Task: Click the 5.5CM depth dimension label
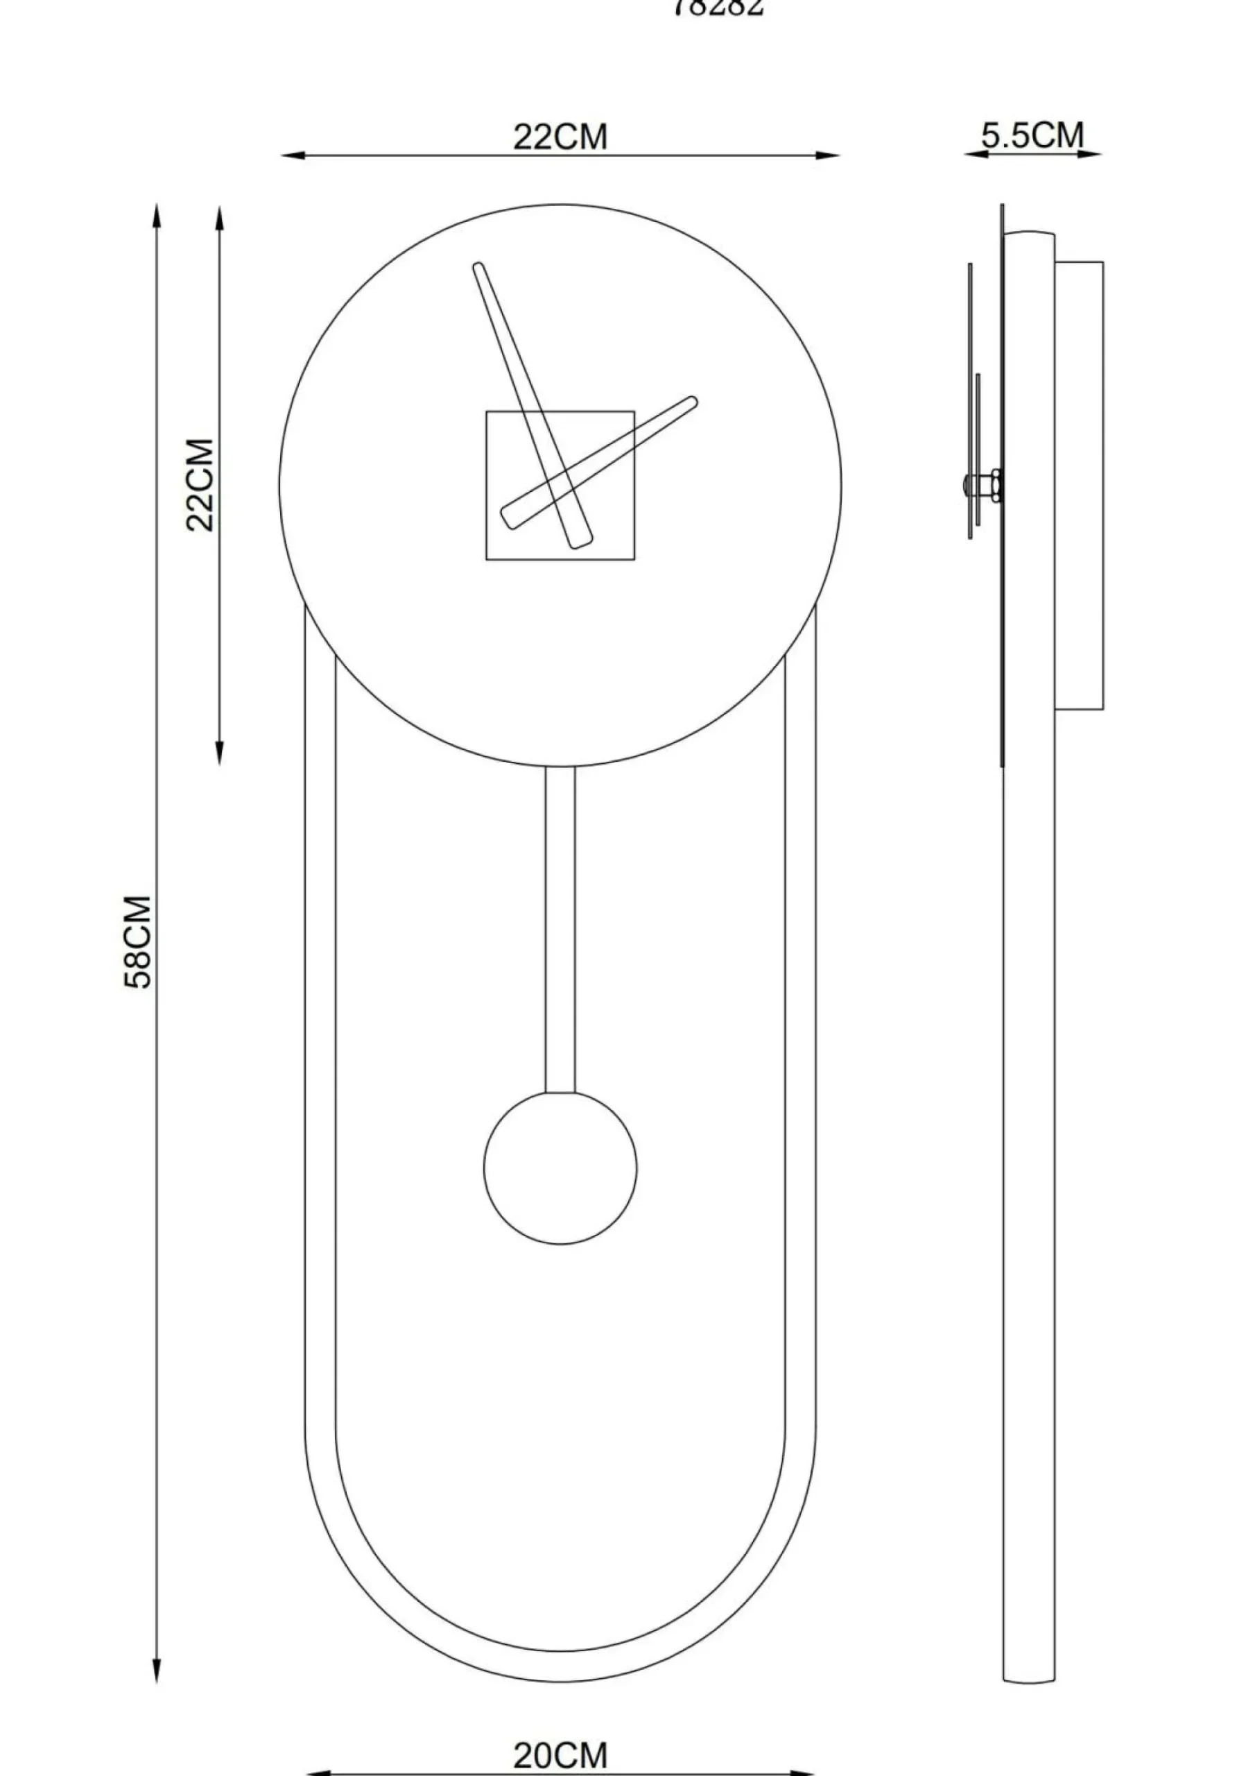1032,135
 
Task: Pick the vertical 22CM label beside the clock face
200,485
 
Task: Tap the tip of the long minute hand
478,268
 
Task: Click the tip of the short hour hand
692,402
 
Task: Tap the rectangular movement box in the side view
1079,485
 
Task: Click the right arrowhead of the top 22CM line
831,155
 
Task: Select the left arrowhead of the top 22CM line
290,155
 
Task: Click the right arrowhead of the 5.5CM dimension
1094,154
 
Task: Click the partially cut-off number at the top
718,7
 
